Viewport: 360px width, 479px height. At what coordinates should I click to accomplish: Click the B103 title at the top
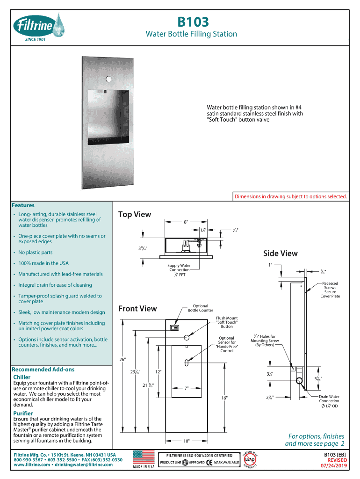(192, 22)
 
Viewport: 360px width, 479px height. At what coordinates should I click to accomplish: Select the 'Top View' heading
(135, 214)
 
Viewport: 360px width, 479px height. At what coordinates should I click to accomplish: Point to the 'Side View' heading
(280, 254)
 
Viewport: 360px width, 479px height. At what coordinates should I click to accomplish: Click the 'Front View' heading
(137, 308)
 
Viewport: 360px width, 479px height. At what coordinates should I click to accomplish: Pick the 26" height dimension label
(123, 359)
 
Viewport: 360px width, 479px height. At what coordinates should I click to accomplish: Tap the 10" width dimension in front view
(187, 441)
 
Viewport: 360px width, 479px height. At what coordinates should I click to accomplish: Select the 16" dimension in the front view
(224, 398)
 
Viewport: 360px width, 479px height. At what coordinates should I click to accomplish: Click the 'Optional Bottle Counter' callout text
(200, 308)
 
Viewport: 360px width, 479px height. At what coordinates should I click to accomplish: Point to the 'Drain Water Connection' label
(329, 401)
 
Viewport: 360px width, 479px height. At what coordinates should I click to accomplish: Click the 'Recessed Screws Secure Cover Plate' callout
(330, 290)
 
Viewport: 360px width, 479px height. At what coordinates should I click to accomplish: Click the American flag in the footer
(144, 457)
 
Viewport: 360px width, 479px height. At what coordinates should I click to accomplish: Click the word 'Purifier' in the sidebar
(23, 414)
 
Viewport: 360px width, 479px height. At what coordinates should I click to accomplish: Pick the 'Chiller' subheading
(22, 377)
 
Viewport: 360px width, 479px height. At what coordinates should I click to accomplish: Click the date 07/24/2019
(333, 466)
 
